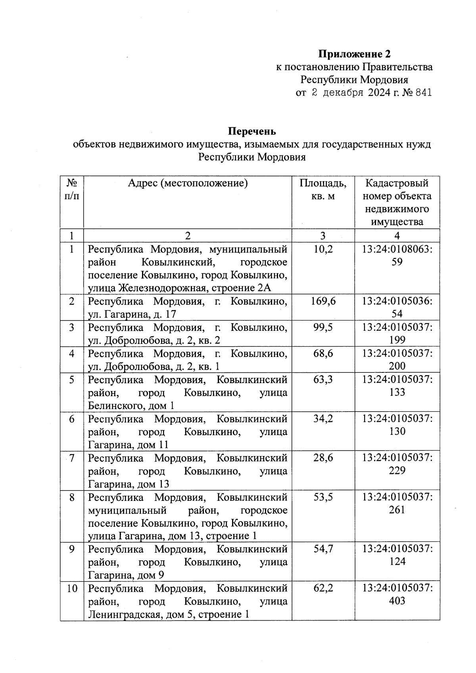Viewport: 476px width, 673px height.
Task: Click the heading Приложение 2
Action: (355, 54)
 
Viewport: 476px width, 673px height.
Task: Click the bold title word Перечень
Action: (252, 131)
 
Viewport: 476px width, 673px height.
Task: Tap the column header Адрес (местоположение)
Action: (188, 183)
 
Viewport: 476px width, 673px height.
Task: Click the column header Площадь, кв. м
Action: (323, 189)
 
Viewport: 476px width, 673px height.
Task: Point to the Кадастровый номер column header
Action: (397, 202)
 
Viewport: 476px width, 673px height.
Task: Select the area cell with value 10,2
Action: (323, 249)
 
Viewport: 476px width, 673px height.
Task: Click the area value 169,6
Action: (323, 301)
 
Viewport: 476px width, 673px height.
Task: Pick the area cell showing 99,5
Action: (323, 327)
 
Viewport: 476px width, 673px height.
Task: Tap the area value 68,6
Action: (323, 353)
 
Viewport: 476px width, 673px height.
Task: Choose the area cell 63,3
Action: (323, 380)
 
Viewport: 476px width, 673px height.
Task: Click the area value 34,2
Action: (323, 419)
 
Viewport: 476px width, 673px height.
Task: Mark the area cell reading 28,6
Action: (323, 458)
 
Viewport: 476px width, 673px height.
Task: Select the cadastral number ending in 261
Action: (397, 503)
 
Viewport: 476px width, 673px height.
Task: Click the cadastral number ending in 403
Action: (397, 594)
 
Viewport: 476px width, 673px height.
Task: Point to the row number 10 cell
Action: (72, 588)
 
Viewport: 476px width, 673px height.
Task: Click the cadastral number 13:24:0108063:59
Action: (397, 255)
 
